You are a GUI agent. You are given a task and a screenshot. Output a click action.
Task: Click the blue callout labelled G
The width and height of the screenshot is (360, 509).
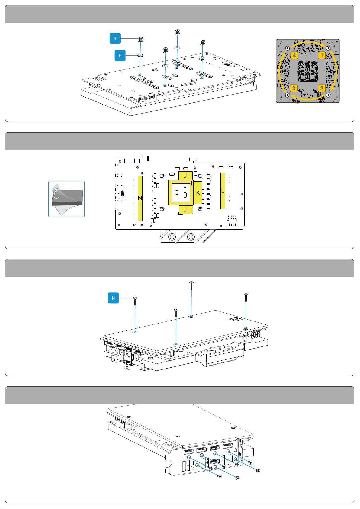[115, 38]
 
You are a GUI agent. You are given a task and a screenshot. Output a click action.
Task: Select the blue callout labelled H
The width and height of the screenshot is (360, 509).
[120, 56]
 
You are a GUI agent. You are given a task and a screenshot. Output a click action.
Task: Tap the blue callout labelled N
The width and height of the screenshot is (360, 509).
[113, 298]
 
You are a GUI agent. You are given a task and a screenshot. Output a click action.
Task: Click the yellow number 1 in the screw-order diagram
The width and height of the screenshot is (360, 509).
[322, 55]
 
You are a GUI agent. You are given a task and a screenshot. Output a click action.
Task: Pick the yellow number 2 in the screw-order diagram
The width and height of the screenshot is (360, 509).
[322, 88]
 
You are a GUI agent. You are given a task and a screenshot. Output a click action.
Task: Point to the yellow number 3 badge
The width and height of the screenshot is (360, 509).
[294, 88]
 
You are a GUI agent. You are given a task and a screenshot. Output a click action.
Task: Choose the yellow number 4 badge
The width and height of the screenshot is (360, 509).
[294, 55]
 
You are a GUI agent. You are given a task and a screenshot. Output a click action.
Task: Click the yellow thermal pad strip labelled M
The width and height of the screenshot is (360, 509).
[140, 198]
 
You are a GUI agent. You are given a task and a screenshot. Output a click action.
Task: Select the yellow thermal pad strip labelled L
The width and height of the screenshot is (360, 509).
[223, 191]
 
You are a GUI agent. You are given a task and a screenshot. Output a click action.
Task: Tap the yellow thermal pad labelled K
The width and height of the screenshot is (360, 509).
[198, 193]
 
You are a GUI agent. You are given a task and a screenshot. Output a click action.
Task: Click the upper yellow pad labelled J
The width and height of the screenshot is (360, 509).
[185, 176]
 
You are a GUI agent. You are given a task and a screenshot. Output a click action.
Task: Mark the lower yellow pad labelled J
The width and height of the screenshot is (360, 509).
[186, 210]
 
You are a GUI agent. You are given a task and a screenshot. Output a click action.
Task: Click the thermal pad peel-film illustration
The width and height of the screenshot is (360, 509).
[66, 199]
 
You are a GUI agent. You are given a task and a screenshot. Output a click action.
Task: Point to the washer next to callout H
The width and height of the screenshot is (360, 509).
[140, 56]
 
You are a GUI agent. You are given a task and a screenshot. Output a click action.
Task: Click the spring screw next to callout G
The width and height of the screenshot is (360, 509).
[141, 40]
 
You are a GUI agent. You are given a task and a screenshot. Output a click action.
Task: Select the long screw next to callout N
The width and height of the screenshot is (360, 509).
[135, 301]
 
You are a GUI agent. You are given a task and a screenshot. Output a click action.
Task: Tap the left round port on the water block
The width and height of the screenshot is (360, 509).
[172, 237]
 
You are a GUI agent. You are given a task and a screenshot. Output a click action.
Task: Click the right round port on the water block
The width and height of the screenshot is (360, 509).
[191, 237]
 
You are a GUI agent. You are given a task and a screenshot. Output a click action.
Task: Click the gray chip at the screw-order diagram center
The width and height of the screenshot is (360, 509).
[307, 71]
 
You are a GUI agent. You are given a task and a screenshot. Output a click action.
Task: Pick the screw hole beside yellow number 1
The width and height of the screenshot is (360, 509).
[328, 48]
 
